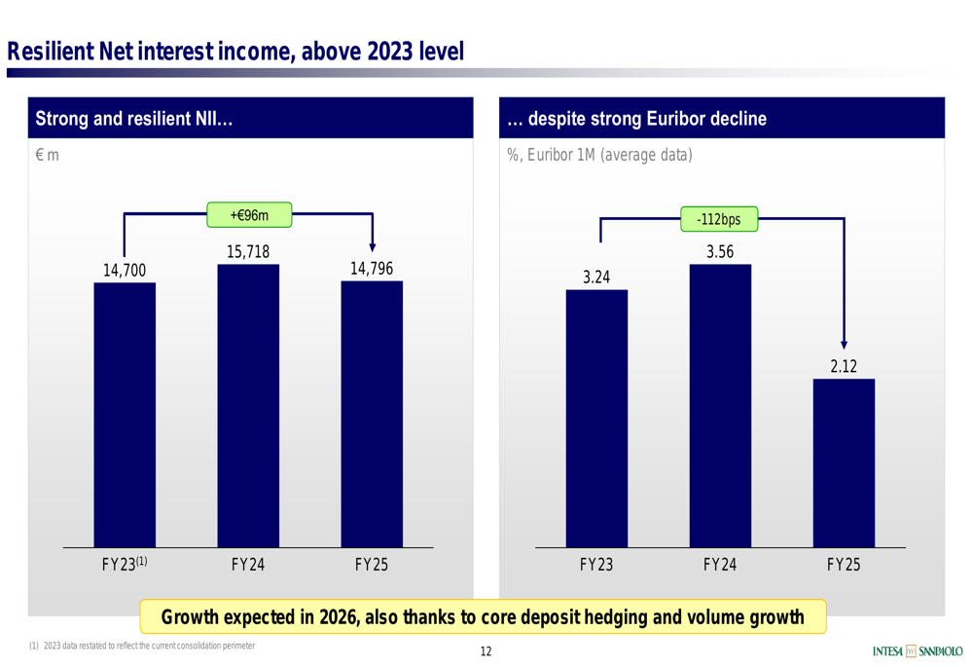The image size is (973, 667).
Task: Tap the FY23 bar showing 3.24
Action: coord(596,418)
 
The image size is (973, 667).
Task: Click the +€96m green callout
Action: coord(249,214)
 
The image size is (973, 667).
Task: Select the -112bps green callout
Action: coord(719,219)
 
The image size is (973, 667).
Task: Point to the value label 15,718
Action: coord(248,252)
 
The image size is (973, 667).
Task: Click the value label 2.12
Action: coord(844,366)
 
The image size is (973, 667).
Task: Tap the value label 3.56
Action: coord(720,252)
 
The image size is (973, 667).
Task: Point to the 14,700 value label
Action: coord(125,270)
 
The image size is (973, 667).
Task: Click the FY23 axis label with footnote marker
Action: coord(125,564)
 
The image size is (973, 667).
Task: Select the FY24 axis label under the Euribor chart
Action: coord(720,564)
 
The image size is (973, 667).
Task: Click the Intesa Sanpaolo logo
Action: coord(918,650)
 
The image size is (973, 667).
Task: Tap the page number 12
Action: coord(486,651)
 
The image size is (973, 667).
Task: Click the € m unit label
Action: coord(47,155)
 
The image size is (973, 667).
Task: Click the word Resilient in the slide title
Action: coord(51,50)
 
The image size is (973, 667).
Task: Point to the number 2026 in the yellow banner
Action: coord(339,616)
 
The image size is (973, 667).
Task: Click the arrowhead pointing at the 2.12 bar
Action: coord(844,345)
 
